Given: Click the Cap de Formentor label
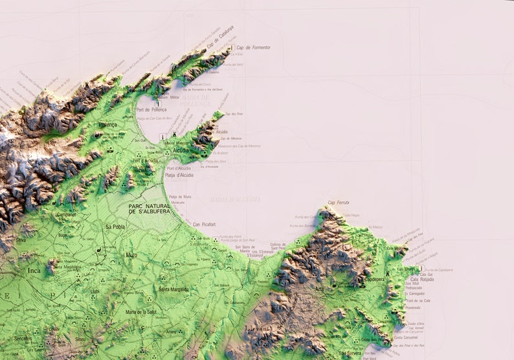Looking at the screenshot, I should [252, 48].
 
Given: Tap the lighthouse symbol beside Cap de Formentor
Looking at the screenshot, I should [232, 48].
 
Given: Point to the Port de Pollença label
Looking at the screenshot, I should [151, 109].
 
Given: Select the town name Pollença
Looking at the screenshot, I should [107, 124].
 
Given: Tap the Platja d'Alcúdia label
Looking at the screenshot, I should [179, 175].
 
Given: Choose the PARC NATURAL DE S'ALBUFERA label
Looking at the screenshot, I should [149, 208].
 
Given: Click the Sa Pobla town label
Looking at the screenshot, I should [115, 227].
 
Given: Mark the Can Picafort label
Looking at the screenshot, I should [204, 225].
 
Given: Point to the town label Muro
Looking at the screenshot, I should [131, 255].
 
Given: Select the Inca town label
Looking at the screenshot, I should [33, 270].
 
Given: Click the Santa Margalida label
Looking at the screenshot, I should [174, 289].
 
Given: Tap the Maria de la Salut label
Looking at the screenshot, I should [140, 312].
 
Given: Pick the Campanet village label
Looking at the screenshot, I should [66, 214].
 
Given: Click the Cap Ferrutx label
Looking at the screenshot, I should [339, 203].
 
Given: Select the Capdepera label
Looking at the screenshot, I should [375, 280].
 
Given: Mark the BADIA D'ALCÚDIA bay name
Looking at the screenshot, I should [235, 199].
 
